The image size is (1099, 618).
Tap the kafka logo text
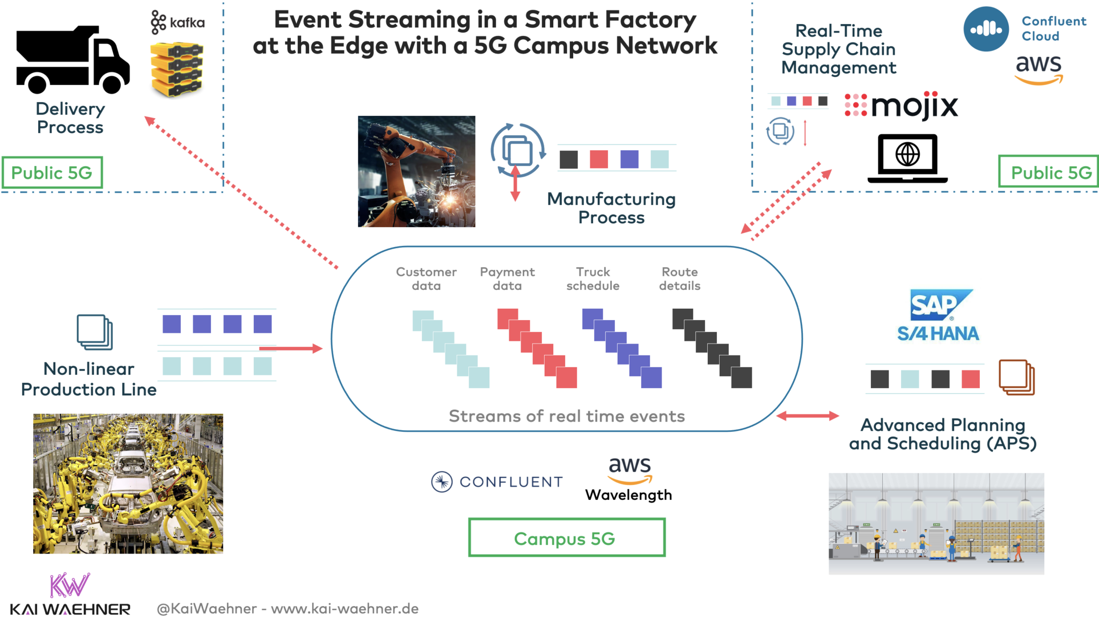(x=186, y=23)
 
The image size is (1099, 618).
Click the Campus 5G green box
(x=567, y=537)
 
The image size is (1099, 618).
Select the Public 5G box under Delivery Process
(x=52, y=172)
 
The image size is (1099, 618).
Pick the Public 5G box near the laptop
(x=1049, y=172)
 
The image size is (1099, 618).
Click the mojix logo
(x=902, y=106)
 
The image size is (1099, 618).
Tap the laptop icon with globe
(x=907, y=158)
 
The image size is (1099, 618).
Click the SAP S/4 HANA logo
(x=939, y=316)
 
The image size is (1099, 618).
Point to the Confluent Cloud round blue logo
(x=986, y=29)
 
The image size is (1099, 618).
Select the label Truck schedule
(x=593, y=279)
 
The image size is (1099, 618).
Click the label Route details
(x=679, y=279)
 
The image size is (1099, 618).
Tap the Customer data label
(x=426, y=279)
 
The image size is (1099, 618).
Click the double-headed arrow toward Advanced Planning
(x=807, y=416)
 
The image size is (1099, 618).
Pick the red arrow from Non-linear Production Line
(x=290, y=348)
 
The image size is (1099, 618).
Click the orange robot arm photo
(x=416, y=171)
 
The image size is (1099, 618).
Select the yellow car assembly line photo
(x=128, y=483)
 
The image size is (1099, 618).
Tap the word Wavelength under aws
(x=628, y=495)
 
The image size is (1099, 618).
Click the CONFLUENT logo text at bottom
(x=510, y=482)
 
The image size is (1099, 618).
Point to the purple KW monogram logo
(x=69, y=585)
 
